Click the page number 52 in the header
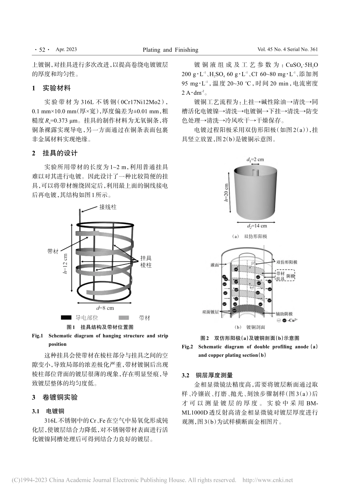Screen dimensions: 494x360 (x=39, y=50)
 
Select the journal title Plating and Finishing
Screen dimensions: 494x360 (x=170, y=50)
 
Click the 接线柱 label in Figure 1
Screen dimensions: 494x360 (x=108, y=208)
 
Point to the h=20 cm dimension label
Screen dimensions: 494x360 (x=226, y=193)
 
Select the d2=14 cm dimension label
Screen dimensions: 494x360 (x=257, y=226)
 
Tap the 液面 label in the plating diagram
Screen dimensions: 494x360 (x=214, y=266)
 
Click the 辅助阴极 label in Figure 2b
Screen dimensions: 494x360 (x=284, y=314)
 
